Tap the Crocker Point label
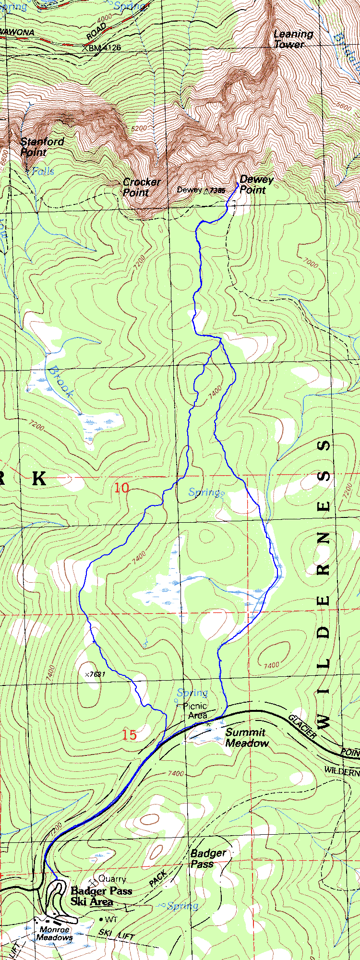point(141,187)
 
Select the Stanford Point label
point(42,147)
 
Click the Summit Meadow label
point(246,738)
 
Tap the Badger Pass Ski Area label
point(101,896)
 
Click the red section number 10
point(121,488)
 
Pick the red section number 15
point(129,734)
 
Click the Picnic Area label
point(196,710)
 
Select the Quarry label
point(112,879)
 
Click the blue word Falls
point(43,171)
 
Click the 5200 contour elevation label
point(139,129)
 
